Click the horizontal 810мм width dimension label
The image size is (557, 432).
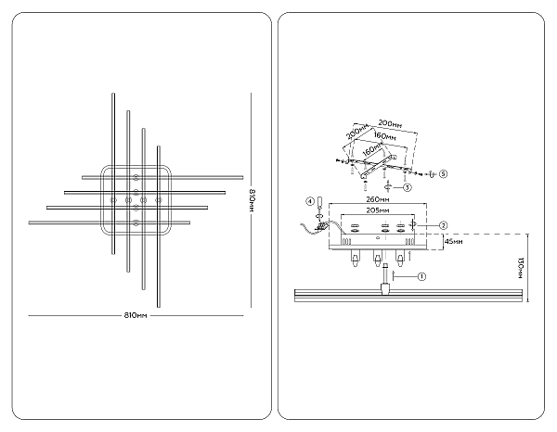coord(136,315)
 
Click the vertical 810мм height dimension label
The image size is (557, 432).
coord(252,200)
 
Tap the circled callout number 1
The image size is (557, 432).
coord(421,276)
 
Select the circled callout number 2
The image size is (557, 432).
coord(443,225)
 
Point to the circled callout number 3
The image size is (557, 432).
coord(408,187)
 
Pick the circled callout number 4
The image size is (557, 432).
coord(310,201)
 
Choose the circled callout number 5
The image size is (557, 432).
coord(443,173)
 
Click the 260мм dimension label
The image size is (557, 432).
coord(378,199)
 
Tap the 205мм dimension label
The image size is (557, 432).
coord(378,210)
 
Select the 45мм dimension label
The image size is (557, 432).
coord(454,242)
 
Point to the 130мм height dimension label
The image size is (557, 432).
coord(521,268)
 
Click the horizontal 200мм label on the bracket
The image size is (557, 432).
coord(390,124)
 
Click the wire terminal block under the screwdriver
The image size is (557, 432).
coord(322,226)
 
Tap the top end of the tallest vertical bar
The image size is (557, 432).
coord(113,94)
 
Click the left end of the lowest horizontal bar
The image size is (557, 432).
coord(30,222)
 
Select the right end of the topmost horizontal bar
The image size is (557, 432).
coord(242,177)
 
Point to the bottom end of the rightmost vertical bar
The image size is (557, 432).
coord(159,307)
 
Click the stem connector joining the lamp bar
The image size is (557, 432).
coord(384,288)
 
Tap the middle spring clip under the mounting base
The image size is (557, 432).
coord(378,259)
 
